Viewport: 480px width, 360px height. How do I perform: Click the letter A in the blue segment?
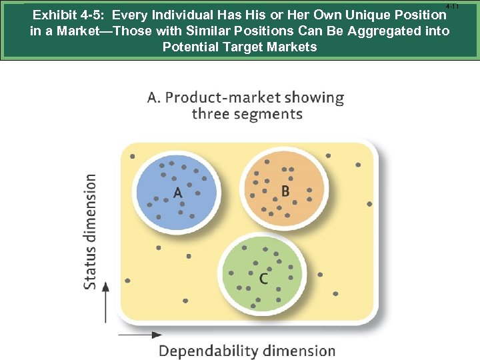177,193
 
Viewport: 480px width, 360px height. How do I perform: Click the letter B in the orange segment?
285,191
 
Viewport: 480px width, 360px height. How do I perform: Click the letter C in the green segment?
264,278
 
